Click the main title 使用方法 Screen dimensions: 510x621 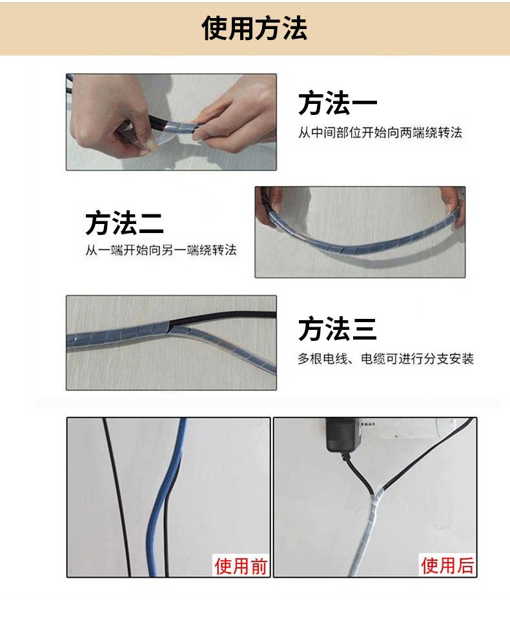point(254,28)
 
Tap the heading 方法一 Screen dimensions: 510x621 point(338,103)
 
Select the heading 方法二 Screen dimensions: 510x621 point(125,223)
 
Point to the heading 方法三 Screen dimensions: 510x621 point(338,329)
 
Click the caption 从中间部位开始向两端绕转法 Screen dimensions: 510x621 point(380,132)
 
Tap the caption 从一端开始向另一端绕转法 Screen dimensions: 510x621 point(161,250)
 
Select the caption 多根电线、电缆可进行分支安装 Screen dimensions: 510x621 point(386,358)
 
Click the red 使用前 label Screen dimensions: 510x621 point(241,565)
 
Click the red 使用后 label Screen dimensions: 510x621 point(447,565)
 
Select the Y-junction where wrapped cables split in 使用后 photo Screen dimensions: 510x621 point(374,496)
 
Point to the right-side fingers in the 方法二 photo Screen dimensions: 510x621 point(454,206)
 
